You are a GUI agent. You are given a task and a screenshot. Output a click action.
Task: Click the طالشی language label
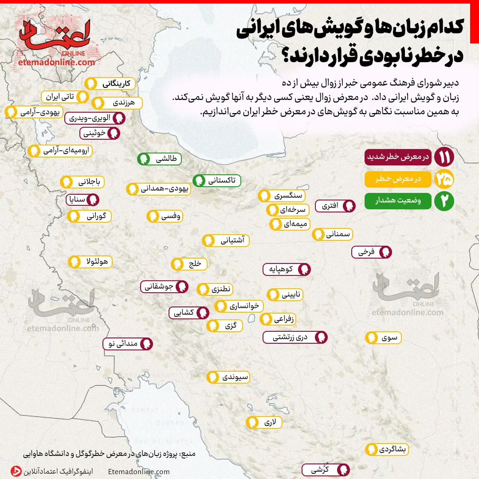tap(159, 159)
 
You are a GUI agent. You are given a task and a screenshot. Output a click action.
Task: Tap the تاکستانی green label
tap(217, 181)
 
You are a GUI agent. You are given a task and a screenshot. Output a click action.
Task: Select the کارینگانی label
tap(108, 83)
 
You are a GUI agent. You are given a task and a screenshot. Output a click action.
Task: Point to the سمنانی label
tap(333, 235)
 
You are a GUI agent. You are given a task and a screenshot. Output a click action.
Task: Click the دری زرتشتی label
tap(295, 337)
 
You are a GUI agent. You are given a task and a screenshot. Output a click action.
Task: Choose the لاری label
tap(265, 422)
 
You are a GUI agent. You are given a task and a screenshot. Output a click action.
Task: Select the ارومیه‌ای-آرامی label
tap(60, 151)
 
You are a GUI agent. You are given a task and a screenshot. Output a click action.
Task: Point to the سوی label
tap(384, 338)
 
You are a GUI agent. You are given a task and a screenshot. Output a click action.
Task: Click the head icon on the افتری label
tap(350, 206)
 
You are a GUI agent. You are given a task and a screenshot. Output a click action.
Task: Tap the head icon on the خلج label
tap(178, 264)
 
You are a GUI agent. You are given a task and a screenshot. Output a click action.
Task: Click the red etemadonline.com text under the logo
tap(57, 62)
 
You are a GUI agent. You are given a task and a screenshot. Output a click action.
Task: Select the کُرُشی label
tap(326, 470)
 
